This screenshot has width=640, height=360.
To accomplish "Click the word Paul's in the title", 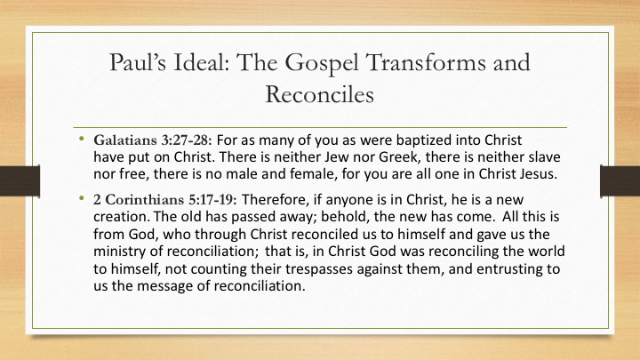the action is click(138, 62).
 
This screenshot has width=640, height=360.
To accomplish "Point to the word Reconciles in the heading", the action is click(320, 94).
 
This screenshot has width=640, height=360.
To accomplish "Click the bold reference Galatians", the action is click(125, 140).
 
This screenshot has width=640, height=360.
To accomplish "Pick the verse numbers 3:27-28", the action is click(187, 140).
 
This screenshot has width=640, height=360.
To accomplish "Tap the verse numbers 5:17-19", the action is click(212, 200).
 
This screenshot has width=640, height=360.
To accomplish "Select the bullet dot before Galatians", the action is click(82, 139).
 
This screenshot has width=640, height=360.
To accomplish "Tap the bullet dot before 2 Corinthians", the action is click(82, 198).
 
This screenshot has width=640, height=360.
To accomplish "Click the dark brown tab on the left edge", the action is click(20, 180).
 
